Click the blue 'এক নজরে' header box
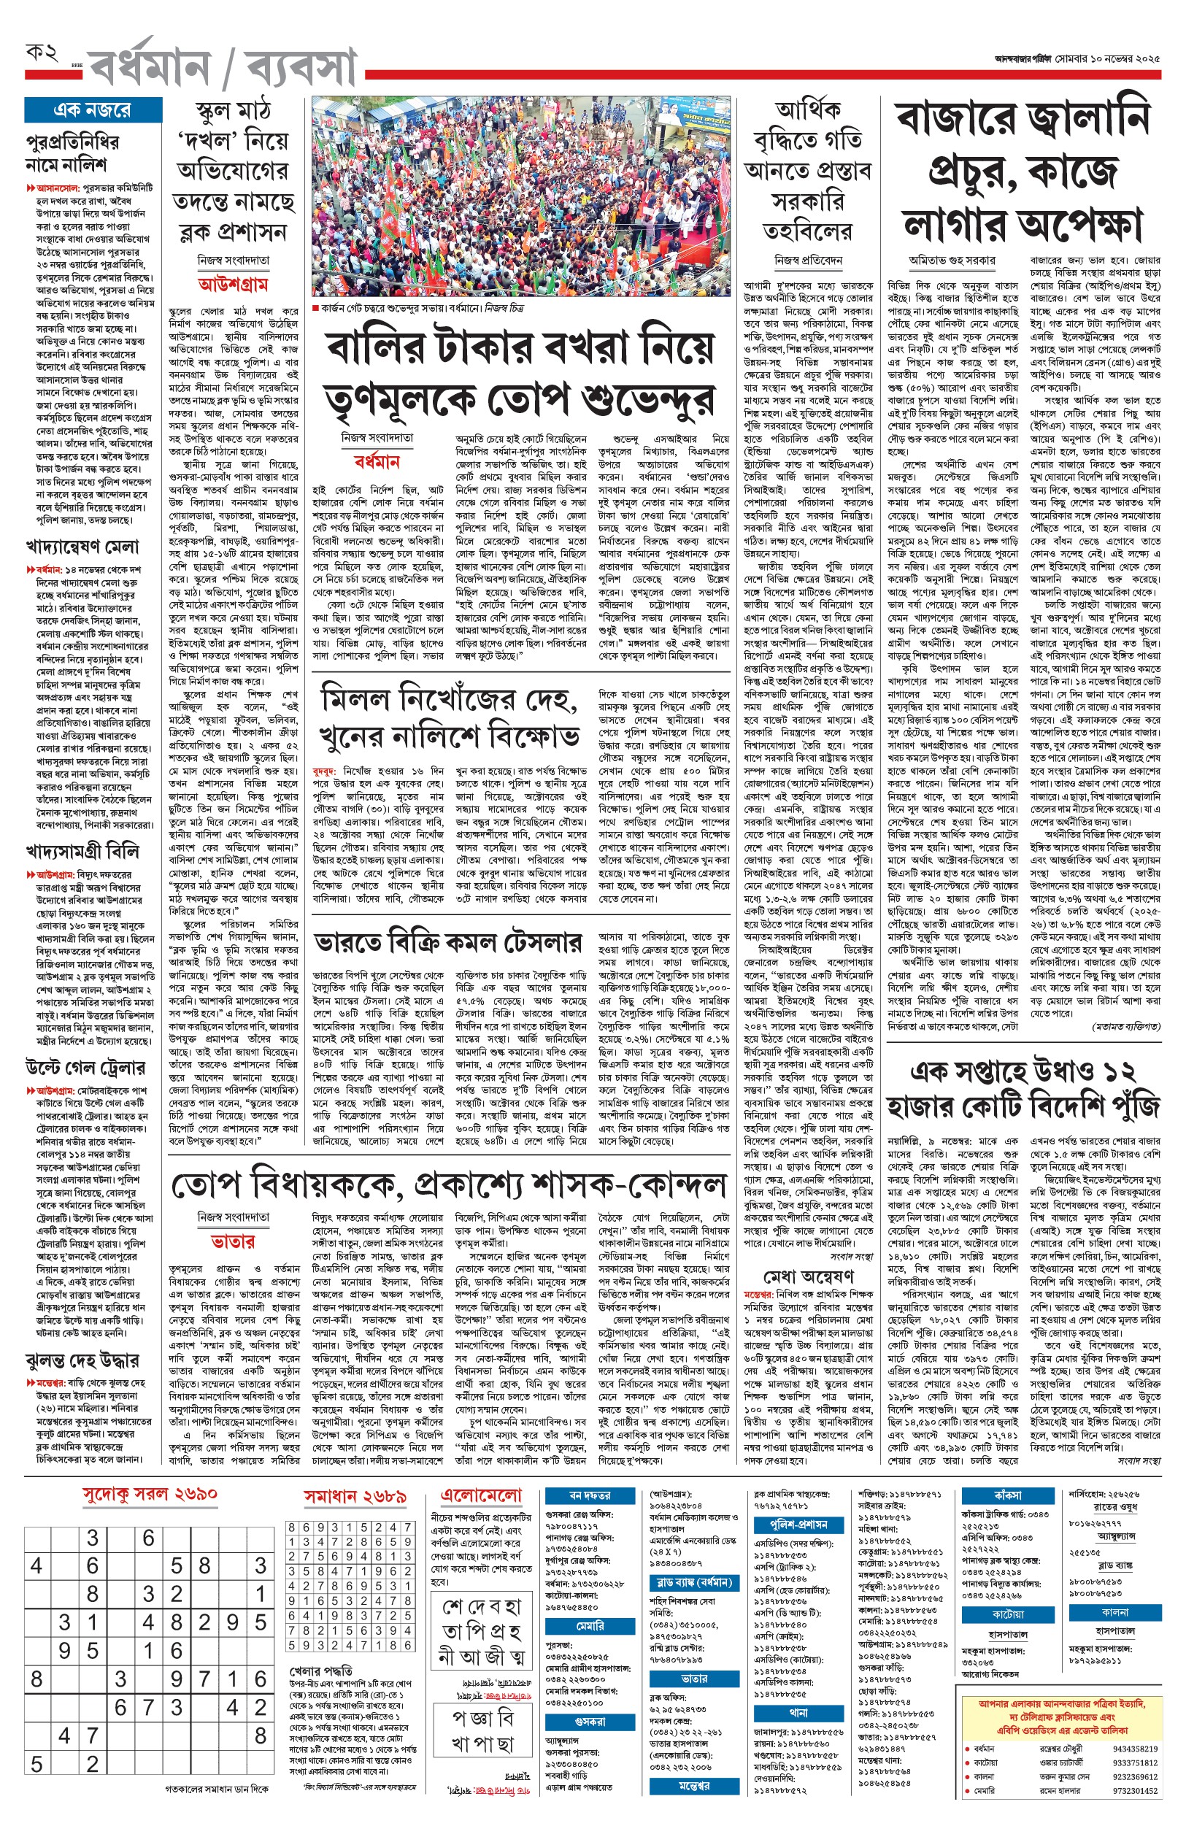(93, 110)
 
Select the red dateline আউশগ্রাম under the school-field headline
(233, 284)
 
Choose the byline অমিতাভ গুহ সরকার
(952, 261)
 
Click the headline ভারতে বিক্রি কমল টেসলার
(447, 943)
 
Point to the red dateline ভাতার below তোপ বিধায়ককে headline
(233, 1241)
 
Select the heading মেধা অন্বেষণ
(809, 1276)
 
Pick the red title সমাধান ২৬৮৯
(355, 1496)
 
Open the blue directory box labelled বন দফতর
(590, 1495)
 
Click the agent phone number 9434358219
(1134, 1749)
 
